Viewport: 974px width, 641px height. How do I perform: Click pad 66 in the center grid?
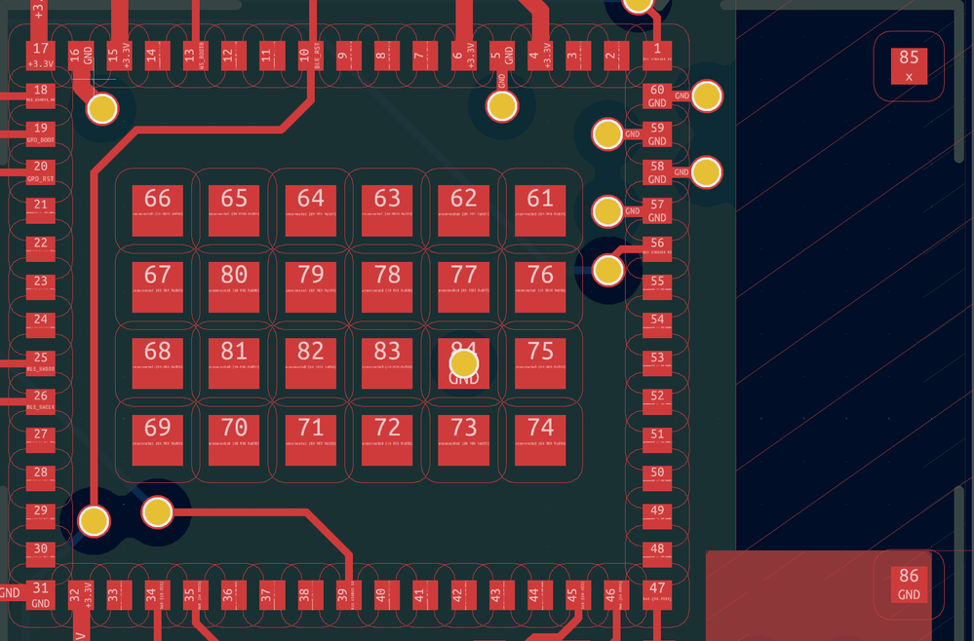[157, 209]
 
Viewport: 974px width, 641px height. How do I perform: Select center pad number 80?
[234, 286]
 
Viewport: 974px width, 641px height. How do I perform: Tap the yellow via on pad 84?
[464, 364]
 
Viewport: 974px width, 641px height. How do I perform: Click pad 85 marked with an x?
[909, 66]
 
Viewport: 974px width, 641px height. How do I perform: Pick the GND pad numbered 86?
[909, 584]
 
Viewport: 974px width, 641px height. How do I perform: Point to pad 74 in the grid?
[540, 439]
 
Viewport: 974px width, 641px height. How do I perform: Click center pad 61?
[540, 209]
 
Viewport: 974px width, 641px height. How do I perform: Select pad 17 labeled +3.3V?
[40, 56]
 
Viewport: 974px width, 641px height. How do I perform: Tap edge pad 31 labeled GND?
[40, 594]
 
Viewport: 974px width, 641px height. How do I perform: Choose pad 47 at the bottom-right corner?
[657, 593]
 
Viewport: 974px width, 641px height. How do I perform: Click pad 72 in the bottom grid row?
[387, 439]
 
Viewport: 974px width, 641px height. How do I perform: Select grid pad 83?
[387, 362]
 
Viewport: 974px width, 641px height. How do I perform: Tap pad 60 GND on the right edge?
[657, 95]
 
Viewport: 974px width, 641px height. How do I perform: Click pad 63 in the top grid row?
[387, 209]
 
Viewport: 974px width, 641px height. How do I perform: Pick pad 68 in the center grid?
[157, 362]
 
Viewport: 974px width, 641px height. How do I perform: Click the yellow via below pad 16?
[102, 109]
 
